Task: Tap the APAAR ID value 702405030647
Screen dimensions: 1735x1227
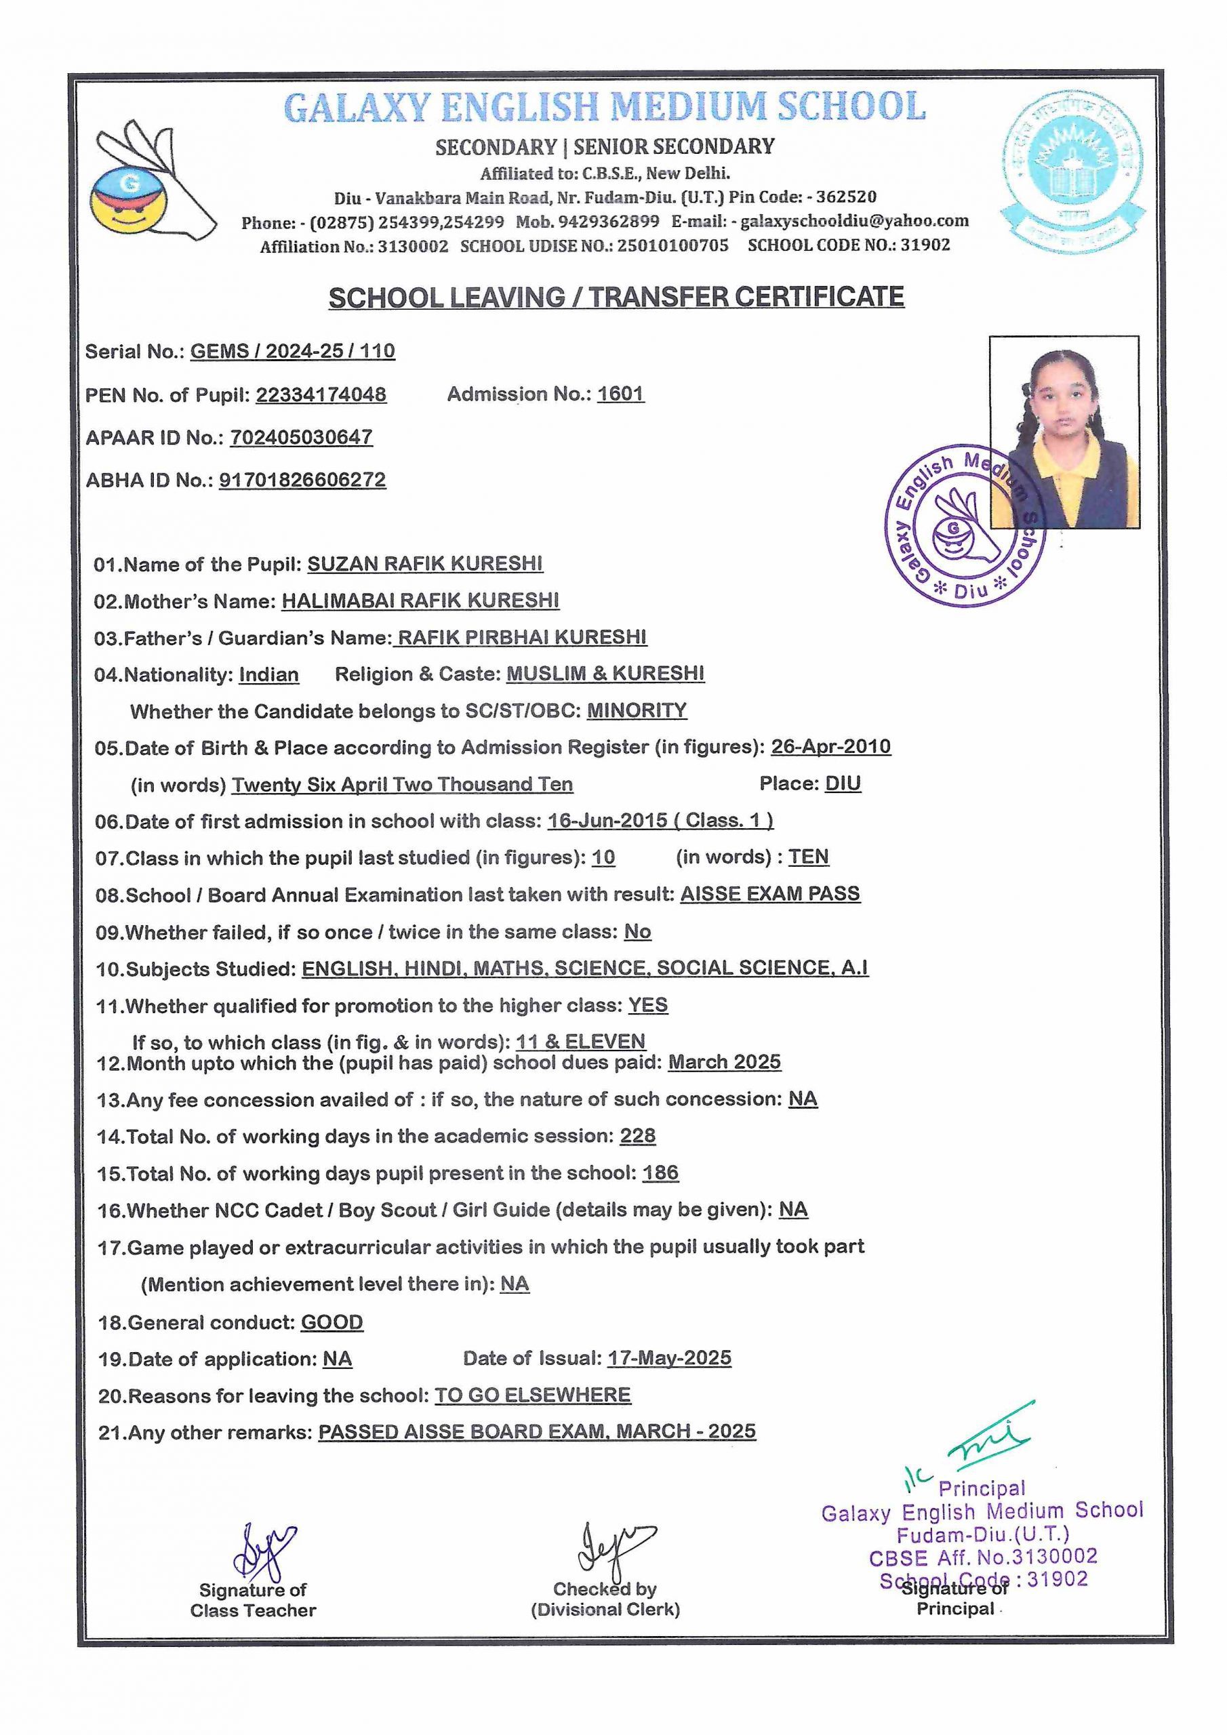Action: coord(301,436)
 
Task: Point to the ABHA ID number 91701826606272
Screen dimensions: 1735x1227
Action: coord(302,480)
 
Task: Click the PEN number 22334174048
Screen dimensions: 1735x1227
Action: coord(321,394)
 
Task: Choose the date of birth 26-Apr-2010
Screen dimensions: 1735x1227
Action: coord(830,747)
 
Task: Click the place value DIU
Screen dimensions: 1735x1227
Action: coord(842,783)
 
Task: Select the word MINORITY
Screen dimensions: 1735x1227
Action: coord(637,710)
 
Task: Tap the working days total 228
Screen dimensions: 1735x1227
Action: coord(637,1136)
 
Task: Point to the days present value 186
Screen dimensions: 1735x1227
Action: coord(660,1172)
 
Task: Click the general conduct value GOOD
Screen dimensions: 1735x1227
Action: coord(332,1322)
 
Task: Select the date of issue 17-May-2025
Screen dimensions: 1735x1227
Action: coord(669,1358)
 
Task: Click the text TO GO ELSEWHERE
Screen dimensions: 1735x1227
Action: coord(532,1395)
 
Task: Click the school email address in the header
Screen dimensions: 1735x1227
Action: coord(854,221)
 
